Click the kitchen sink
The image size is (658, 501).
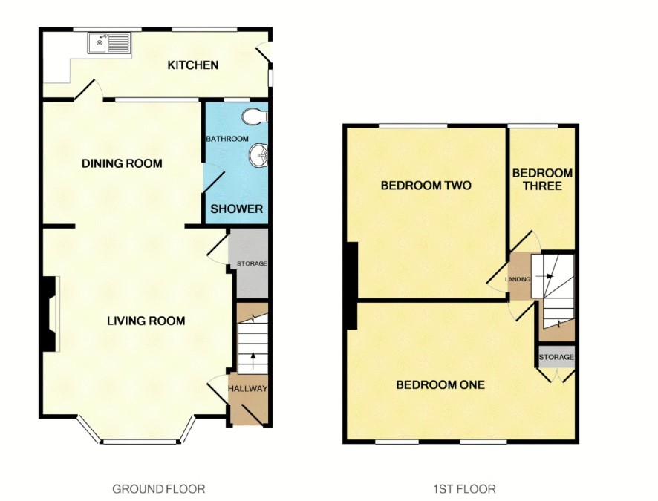pyautogui.click(x=109, y=43)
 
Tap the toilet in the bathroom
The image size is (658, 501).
pyautogui.click(x=255, y=116)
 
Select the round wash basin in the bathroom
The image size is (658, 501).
pyautogui.click(x=258, y=156)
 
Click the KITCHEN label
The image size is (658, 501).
pyautogui.click(x=193, y=65)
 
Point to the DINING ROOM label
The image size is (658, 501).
pyautogui.click(x=122, y=163)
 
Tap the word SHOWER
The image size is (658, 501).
pyautogui.click(x=237, y=209)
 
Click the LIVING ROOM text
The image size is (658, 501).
pyautogui.click(x=146, y=321)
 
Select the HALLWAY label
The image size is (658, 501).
pyautogui.click(x=247, y=389)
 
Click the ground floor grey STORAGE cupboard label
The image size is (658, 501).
pyautogui.click(x=252, y=263)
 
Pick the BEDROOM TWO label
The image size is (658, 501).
pyautogui.click(x=426, y=186)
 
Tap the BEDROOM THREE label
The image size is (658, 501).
pyautogui.click(x=542, y=180)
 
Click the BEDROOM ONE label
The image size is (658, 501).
pyautogui.click(x=440, y=384)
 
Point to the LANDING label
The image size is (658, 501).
pyautogui.click(x=518, y=279)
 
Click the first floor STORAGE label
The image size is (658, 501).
pyautogui.click(x=556, y=357)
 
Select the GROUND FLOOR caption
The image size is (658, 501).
pyautogui.click(x=159, y=489)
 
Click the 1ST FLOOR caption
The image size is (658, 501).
pyautogui.click(x=465, y=489)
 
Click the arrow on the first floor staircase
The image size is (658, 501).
pyautogui.click(x=547, y=276)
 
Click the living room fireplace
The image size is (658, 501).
pyautogui.click(x=50, y=314)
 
